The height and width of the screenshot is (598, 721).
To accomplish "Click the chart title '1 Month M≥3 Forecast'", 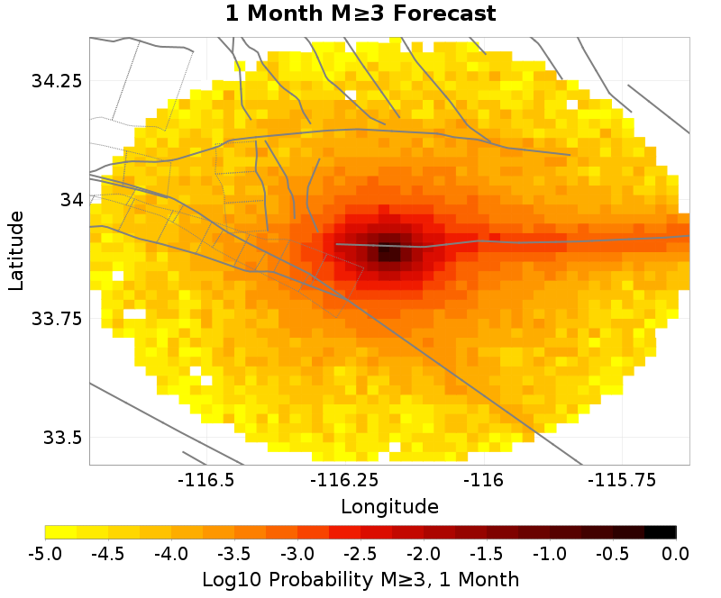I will coord(360,14).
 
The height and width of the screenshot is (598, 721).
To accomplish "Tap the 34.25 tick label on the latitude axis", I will coord(57,81).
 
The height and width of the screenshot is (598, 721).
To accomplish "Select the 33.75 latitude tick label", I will coord(57,319).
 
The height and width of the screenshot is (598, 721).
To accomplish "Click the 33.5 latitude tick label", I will coord(62,439).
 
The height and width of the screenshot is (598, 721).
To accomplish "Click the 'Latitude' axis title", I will coord(16,250).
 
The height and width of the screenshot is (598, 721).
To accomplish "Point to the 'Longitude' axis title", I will coord(389,506).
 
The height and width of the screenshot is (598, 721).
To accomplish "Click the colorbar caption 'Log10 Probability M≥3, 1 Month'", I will coord(360,577).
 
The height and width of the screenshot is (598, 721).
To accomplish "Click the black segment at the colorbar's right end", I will coord(661,532).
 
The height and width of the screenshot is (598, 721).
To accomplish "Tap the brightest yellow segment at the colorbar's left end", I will coord(60,532).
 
